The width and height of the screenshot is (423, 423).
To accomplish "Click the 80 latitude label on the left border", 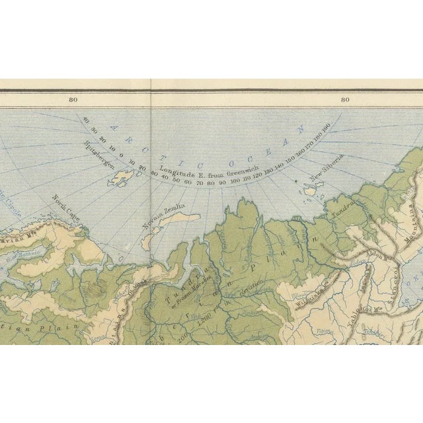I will (73, 100).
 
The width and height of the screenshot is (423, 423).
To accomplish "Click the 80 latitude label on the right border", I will (345, 100).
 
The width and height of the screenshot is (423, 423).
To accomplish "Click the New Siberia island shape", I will (309, 190).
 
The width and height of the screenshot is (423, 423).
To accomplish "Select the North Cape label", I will (65, 203).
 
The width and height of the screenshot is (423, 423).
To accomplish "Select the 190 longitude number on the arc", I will (325, 126).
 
